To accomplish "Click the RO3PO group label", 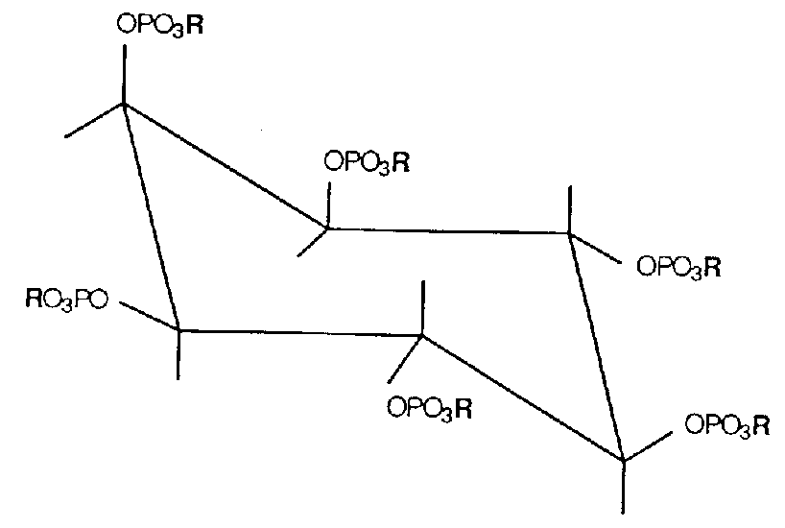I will [67, 304].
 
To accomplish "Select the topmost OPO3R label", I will [160, 26].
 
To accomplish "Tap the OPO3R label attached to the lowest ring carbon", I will [726, 424].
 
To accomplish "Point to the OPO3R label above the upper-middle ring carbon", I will [368, 160].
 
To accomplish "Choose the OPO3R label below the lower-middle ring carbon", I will [429, 407].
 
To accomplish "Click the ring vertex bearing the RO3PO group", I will [178, 330].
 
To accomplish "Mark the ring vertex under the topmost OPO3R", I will [124, 104].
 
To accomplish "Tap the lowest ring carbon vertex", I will [624, 461].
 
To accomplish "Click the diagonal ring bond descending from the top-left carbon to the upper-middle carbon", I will [226, 166].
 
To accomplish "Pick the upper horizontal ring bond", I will [447, 230].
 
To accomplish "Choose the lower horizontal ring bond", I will [299, 333].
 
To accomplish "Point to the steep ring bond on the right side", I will [596, 346].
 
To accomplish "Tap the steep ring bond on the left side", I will [151, 217].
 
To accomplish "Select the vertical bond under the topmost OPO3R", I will [124, 73].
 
